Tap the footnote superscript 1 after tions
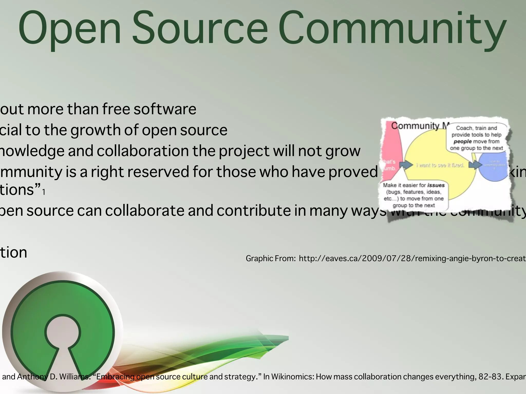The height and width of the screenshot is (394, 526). [44, 192]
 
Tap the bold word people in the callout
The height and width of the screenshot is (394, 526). [463, 142]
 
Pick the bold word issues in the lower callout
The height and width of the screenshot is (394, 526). [436, 185]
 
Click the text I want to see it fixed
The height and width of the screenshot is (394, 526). [440, 165]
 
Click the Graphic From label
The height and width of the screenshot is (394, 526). [271, 258]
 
